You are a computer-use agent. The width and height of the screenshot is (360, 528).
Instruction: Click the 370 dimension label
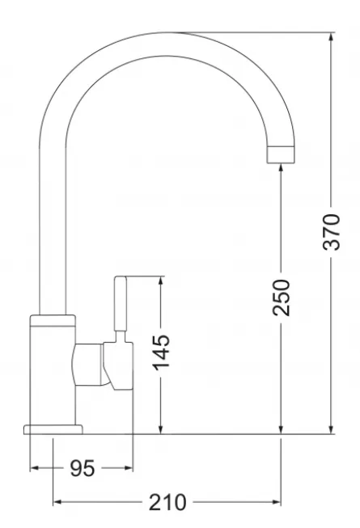point(332,232)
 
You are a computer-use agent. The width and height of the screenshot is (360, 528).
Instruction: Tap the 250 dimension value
point(282,298)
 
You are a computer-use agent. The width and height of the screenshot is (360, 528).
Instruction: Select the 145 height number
point(162,352)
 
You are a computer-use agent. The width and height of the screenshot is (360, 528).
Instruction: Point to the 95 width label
point(83,468)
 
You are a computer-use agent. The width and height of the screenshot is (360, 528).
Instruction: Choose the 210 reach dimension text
point(167,502)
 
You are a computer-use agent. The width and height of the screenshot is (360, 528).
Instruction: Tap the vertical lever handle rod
point(121,303)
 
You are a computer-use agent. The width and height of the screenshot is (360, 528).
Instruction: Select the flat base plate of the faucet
point(53,429)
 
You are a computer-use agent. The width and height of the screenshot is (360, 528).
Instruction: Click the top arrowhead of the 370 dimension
point(332,38)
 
